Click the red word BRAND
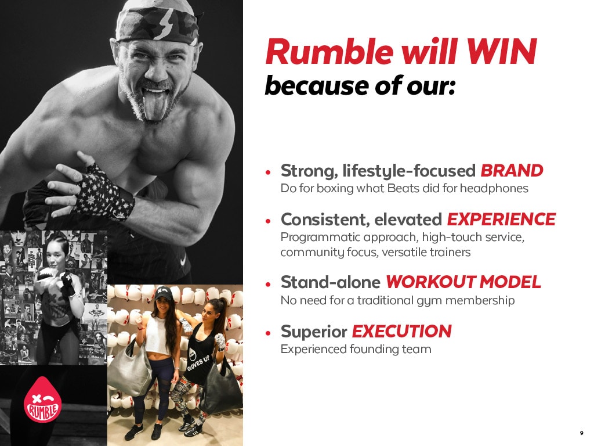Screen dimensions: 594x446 click(512, 171)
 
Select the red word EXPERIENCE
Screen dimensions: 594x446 click(501, 220)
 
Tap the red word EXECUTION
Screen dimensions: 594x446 click(401, 332)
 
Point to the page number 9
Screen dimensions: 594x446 click(581, 433)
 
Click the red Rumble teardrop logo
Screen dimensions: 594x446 click(42, 400)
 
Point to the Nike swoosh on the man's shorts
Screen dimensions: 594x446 click(183, 261)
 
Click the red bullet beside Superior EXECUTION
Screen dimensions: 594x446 click(268, 334)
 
